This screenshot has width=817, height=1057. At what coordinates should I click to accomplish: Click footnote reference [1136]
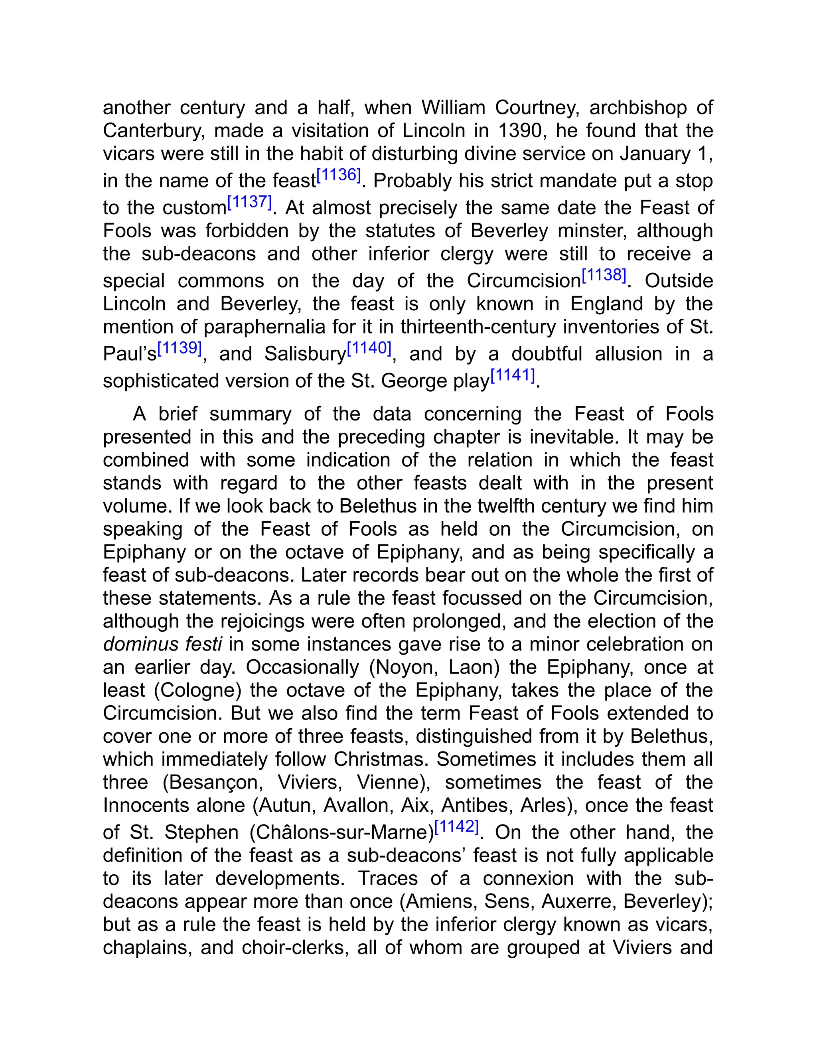click(339, 175)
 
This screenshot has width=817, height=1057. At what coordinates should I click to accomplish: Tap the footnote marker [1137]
click(250, 202)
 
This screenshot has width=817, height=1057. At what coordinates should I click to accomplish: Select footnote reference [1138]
click(604, 275)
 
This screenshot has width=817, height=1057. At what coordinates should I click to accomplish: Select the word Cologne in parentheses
click(197, 690)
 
